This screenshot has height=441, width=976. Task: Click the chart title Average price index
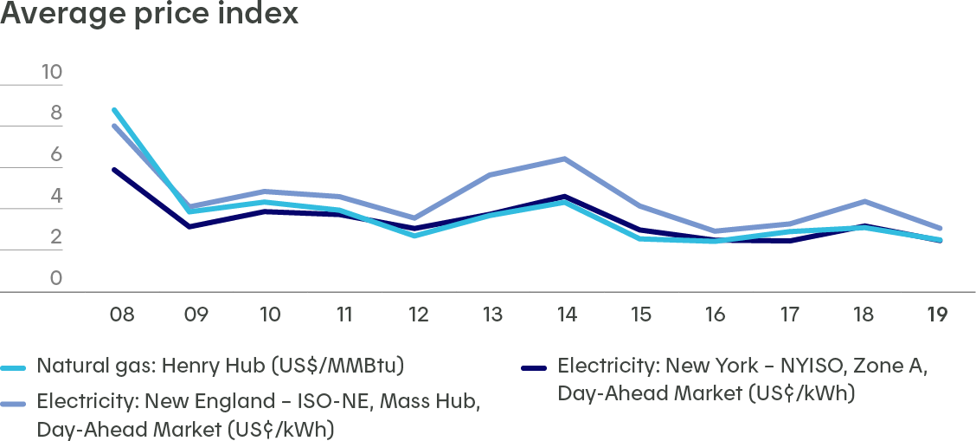(x=150, y=15)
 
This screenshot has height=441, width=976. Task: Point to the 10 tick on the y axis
(x=52, y=72)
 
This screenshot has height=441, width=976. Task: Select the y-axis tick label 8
(x=56, y=113)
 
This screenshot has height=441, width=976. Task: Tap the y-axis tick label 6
(x=56, y=154)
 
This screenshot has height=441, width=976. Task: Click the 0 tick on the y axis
(x=56, y=278)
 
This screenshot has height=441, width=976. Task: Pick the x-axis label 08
(x=121, y=314)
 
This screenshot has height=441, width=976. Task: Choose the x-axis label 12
(x=419, y=314)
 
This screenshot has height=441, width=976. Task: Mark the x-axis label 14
(x=567, y=314)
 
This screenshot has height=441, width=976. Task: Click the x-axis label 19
(x=937, y=314)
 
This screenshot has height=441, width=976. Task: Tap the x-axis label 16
(x=715, y=314)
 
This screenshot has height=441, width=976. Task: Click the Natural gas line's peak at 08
(x=114, y=109)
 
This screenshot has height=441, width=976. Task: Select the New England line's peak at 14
(x=565, y=159)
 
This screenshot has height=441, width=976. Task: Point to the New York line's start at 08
(x=114, y=170)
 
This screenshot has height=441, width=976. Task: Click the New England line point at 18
(x=863, y=201)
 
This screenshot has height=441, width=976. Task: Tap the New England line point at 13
(x=491, y=175)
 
